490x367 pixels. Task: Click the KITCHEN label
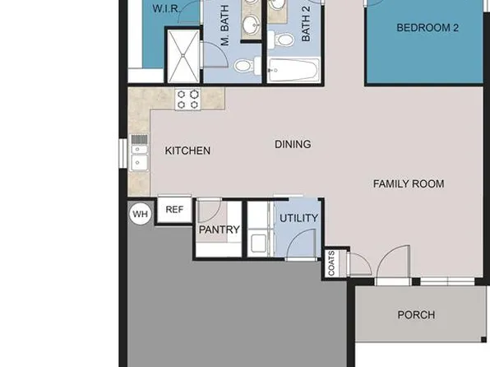tap(187, 151)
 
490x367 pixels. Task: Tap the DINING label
tap(293, 145)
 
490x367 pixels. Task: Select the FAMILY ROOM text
tap(409, 183)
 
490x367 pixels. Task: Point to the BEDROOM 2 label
tap(428, 28)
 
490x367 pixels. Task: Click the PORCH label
tap(416, 314)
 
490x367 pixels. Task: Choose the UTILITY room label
tap(298, 218)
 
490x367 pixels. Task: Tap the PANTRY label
tap(219, 230)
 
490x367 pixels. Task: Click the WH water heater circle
tap(141, 214)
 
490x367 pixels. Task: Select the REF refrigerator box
tap(174, 210)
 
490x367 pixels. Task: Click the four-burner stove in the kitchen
tap(187, 100)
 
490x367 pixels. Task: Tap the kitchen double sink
tap(138, 153)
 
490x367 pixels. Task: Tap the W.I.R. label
tap(171, 8)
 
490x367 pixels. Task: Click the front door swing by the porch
tap(391, 263)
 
